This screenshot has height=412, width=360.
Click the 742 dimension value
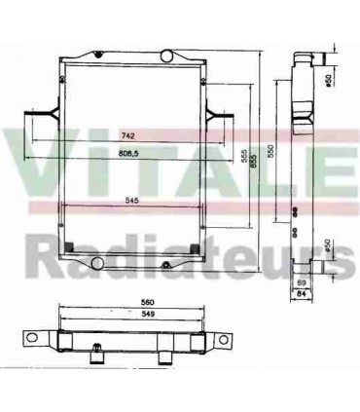click(x=127, y=134)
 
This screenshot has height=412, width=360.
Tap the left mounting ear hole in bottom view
click(x=31, y=339)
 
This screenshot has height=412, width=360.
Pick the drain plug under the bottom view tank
click(x=97, y=357)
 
